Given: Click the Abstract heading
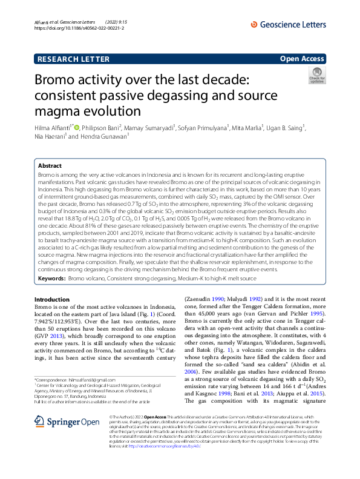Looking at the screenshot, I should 50,165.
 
